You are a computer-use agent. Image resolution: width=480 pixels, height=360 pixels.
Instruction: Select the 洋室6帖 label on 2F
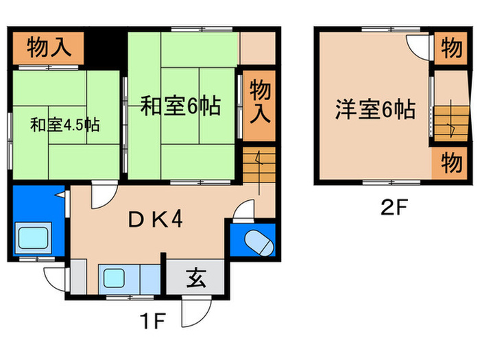(x=374, y=109)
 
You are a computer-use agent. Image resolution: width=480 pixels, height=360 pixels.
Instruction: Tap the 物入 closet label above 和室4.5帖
(x=48, y=47)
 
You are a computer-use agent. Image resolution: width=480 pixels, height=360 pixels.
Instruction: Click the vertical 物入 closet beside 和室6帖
(x=259, y=101)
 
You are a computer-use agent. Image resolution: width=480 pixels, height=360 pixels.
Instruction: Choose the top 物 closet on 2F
(x=449, y=49)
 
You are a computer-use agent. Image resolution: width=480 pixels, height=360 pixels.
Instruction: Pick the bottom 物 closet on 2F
(x=449, y=165)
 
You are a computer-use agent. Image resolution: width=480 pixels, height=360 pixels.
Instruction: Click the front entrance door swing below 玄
(x=191, y=314)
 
